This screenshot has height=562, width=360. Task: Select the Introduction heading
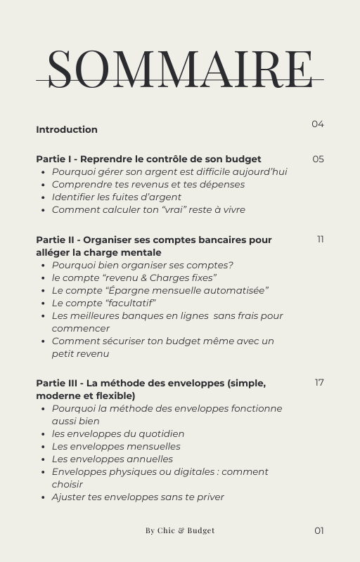[x=67, y=129]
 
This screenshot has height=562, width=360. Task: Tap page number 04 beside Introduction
[x=318, y=124]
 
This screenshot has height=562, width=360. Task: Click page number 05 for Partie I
[x=318, y=159]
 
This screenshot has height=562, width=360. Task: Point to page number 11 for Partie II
[x=321, y=240]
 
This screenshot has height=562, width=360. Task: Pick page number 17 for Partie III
[x=319, y=383]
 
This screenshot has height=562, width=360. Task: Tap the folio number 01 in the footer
[x=319, y=530]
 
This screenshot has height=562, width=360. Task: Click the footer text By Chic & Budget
[x=180, y=530]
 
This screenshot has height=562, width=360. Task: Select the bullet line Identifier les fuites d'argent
[x=116, y=197]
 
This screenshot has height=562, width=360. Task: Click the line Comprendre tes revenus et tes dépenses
[x=148, y=185]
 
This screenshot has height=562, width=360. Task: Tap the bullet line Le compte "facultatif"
[x=103, y=303]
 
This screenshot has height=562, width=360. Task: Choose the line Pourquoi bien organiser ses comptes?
[x=142, y=266]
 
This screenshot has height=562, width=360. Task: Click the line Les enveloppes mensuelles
[x=116, y=447]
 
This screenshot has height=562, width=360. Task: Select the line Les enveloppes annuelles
[x=112, y=459]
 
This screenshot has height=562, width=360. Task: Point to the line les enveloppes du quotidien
[x=118, y=434]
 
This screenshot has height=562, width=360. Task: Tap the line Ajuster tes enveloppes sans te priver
[x=138, y=497]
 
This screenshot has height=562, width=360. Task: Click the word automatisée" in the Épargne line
[x=237, y=291]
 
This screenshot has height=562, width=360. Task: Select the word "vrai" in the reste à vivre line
[x=155, y=210]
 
